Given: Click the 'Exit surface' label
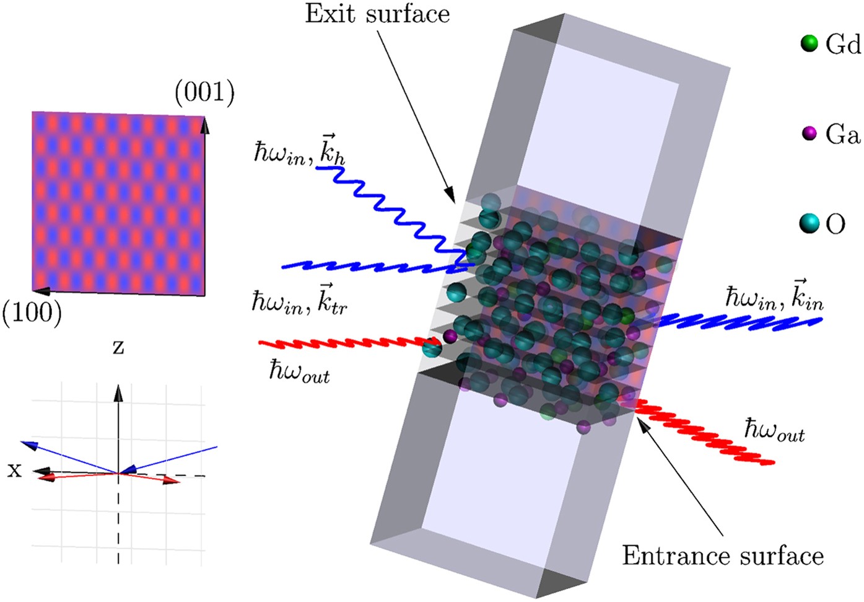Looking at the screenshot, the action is tap(377, 14).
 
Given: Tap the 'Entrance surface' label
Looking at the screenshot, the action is tap(723, 556).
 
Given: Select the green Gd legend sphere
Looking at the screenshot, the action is tap(809, 43).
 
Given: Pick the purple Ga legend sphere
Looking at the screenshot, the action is tap(809, 133).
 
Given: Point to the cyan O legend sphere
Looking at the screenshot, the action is tap(809, 223).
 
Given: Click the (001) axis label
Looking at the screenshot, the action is tap(204, 92).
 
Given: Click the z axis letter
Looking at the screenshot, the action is tap(118, 347).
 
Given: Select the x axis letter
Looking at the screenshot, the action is tap(14, 471).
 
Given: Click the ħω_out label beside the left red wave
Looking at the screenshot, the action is tap(299, 372).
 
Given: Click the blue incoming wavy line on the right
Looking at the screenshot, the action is tap(737, 321).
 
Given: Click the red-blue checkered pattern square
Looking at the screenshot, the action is tap(118, 203).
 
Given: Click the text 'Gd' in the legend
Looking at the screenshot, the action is tap(842, 44).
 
